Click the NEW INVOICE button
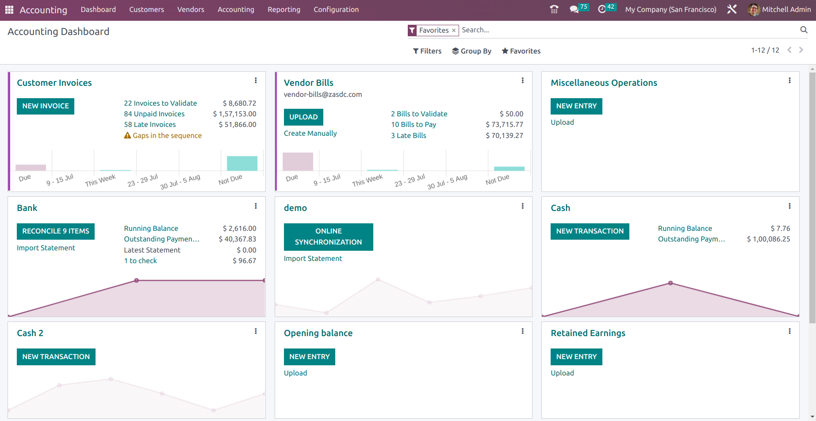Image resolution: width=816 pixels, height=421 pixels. coord(46,106)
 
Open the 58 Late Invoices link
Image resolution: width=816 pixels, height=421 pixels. coord(149,125)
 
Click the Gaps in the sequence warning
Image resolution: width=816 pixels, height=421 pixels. coord(167,136)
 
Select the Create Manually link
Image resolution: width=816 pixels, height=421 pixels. coord(310,134)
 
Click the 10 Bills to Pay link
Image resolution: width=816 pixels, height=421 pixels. coord(413,125)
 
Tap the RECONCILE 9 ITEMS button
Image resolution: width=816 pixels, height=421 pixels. coord(56,231)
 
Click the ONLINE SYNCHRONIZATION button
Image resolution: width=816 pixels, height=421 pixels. coord(328,237)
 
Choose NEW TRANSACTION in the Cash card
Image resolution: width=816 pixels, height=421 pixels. coord(590,231)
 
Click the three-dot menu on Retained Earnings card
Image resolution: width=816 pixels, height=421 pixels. coord(789,331)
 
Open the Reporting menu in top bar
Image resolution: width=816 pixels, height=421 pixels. coord(283,10)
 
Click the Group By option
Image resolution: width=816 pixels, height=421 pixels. coord(471,51)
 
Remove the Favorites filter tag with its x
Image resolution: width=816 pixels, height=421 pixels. coord(454,31)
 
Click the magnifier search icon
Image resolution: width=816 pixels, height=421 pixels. coord(804,30)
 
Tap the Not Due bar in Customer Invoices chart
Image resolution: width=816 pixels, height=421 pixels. coord(242,164)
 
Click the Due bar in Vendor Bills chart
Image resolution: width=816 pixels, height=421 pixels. coord(298,162)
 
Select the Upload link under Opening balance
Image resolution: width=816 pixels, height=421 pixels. coord(295,373)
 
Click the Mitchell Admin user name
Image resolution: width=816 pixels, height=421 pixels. coord(786,10)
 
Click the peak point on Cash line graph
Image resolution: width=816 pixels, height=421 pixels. coord(670,283)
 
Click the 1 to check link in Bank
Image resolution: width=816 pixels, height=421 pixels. coord(140,261)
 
